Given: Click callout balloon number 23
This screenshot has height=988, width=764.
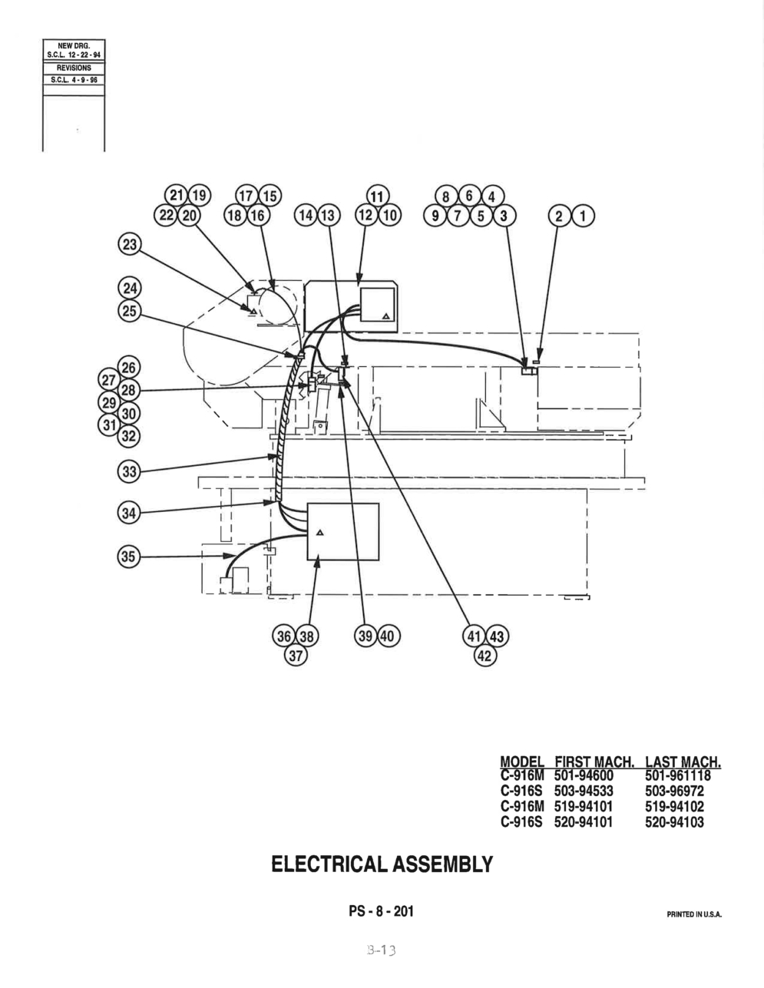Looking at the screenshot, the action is (x=130, y=245).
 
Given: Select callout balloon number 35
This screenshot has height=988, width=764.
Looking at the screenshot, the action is (x=129, y=556).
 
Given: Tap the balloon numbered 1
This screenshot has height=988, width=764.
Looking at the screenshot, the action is (x=583, y=216).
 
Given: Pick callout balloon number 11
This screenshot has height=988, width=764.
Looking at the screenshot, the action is (x=378, y=197).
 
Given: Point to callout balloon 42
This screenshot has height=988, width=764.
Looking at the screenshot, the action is (x=486, y=657).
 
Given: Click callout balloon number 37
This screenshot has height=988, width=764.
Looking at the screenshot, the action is (x=296, y=656).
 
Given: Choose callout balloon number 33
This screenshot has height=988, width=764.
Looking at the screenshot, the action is (x=130, y=471).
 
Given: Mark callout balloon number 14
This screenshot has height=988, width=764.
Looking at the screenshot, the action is (x=306, y=216).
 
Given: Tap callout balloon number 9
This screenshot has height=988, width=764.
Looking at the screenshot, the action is (x=435, y=216).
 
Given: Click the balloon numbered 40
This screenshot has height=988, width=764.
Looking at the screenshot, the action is (x=389, y=636).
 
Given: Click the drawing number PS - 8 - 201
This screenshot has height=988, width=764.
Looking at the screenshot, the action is (x=382, y=911).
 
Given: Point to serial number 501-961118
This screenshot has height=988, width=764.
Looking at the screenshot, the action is (x=677, y=775).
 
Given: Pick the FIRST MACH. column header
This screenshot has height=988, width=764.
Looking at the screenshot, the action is (x=594, y=762).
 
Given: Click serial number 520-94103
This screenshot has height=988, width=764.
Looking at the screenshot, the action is (x=674, y=822).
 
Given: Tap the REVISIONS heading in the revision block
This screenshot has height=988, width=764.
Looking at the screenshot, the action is (x=74, y=68).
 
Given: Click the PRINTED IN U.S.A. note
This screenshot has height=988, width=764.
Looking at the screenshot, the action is (x=694, y=914).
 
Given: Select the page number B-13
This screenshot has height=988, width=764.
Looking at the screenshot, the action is (x=381, y=950).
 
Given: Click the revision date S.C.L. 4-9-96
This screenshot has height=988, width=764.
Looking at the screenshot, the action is (x=74, y=80).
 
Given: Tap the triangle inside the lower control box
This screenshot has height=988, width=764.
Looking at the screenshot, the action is (x=319, y=533).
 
